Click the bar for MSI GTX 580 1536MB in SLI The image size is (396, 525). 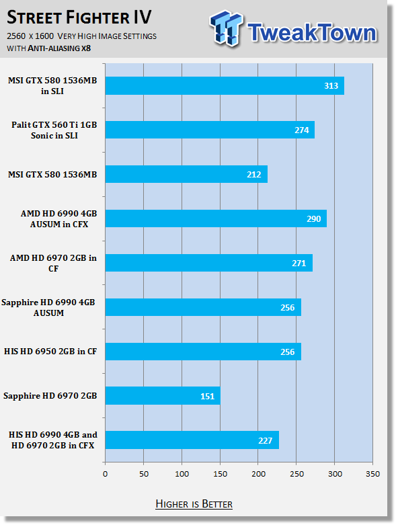225,86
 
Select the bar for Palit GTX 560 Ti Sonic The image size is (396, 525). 210,130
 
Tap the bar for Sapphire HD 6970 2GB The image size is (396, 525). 163,396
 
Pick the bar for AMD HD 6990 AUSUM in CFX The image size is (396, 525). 216,218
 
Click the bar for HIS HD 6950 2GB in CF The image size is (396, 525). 203,352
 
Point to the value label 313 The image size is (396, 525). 331,86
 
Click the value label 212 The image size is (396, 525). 253,175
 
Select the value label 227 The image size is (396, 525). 265,440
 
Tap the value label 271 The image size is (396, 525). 299,264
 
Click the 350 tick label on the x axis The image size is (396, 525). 372,474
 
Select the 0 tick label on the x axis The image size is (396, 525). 105,474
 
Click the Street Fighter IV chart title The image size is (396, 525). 79,17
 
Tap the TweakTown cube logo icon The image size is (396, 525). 226,28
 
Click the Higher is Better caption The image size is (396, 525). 194,504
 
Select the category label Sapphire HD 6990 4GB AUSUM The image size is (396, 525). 48,307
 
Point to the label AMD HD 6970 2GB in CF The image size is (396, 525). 53,263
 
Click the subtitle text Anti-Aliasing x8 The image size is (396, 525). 59,48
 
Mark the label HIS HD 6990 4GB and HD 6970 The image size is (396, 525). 53,440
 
